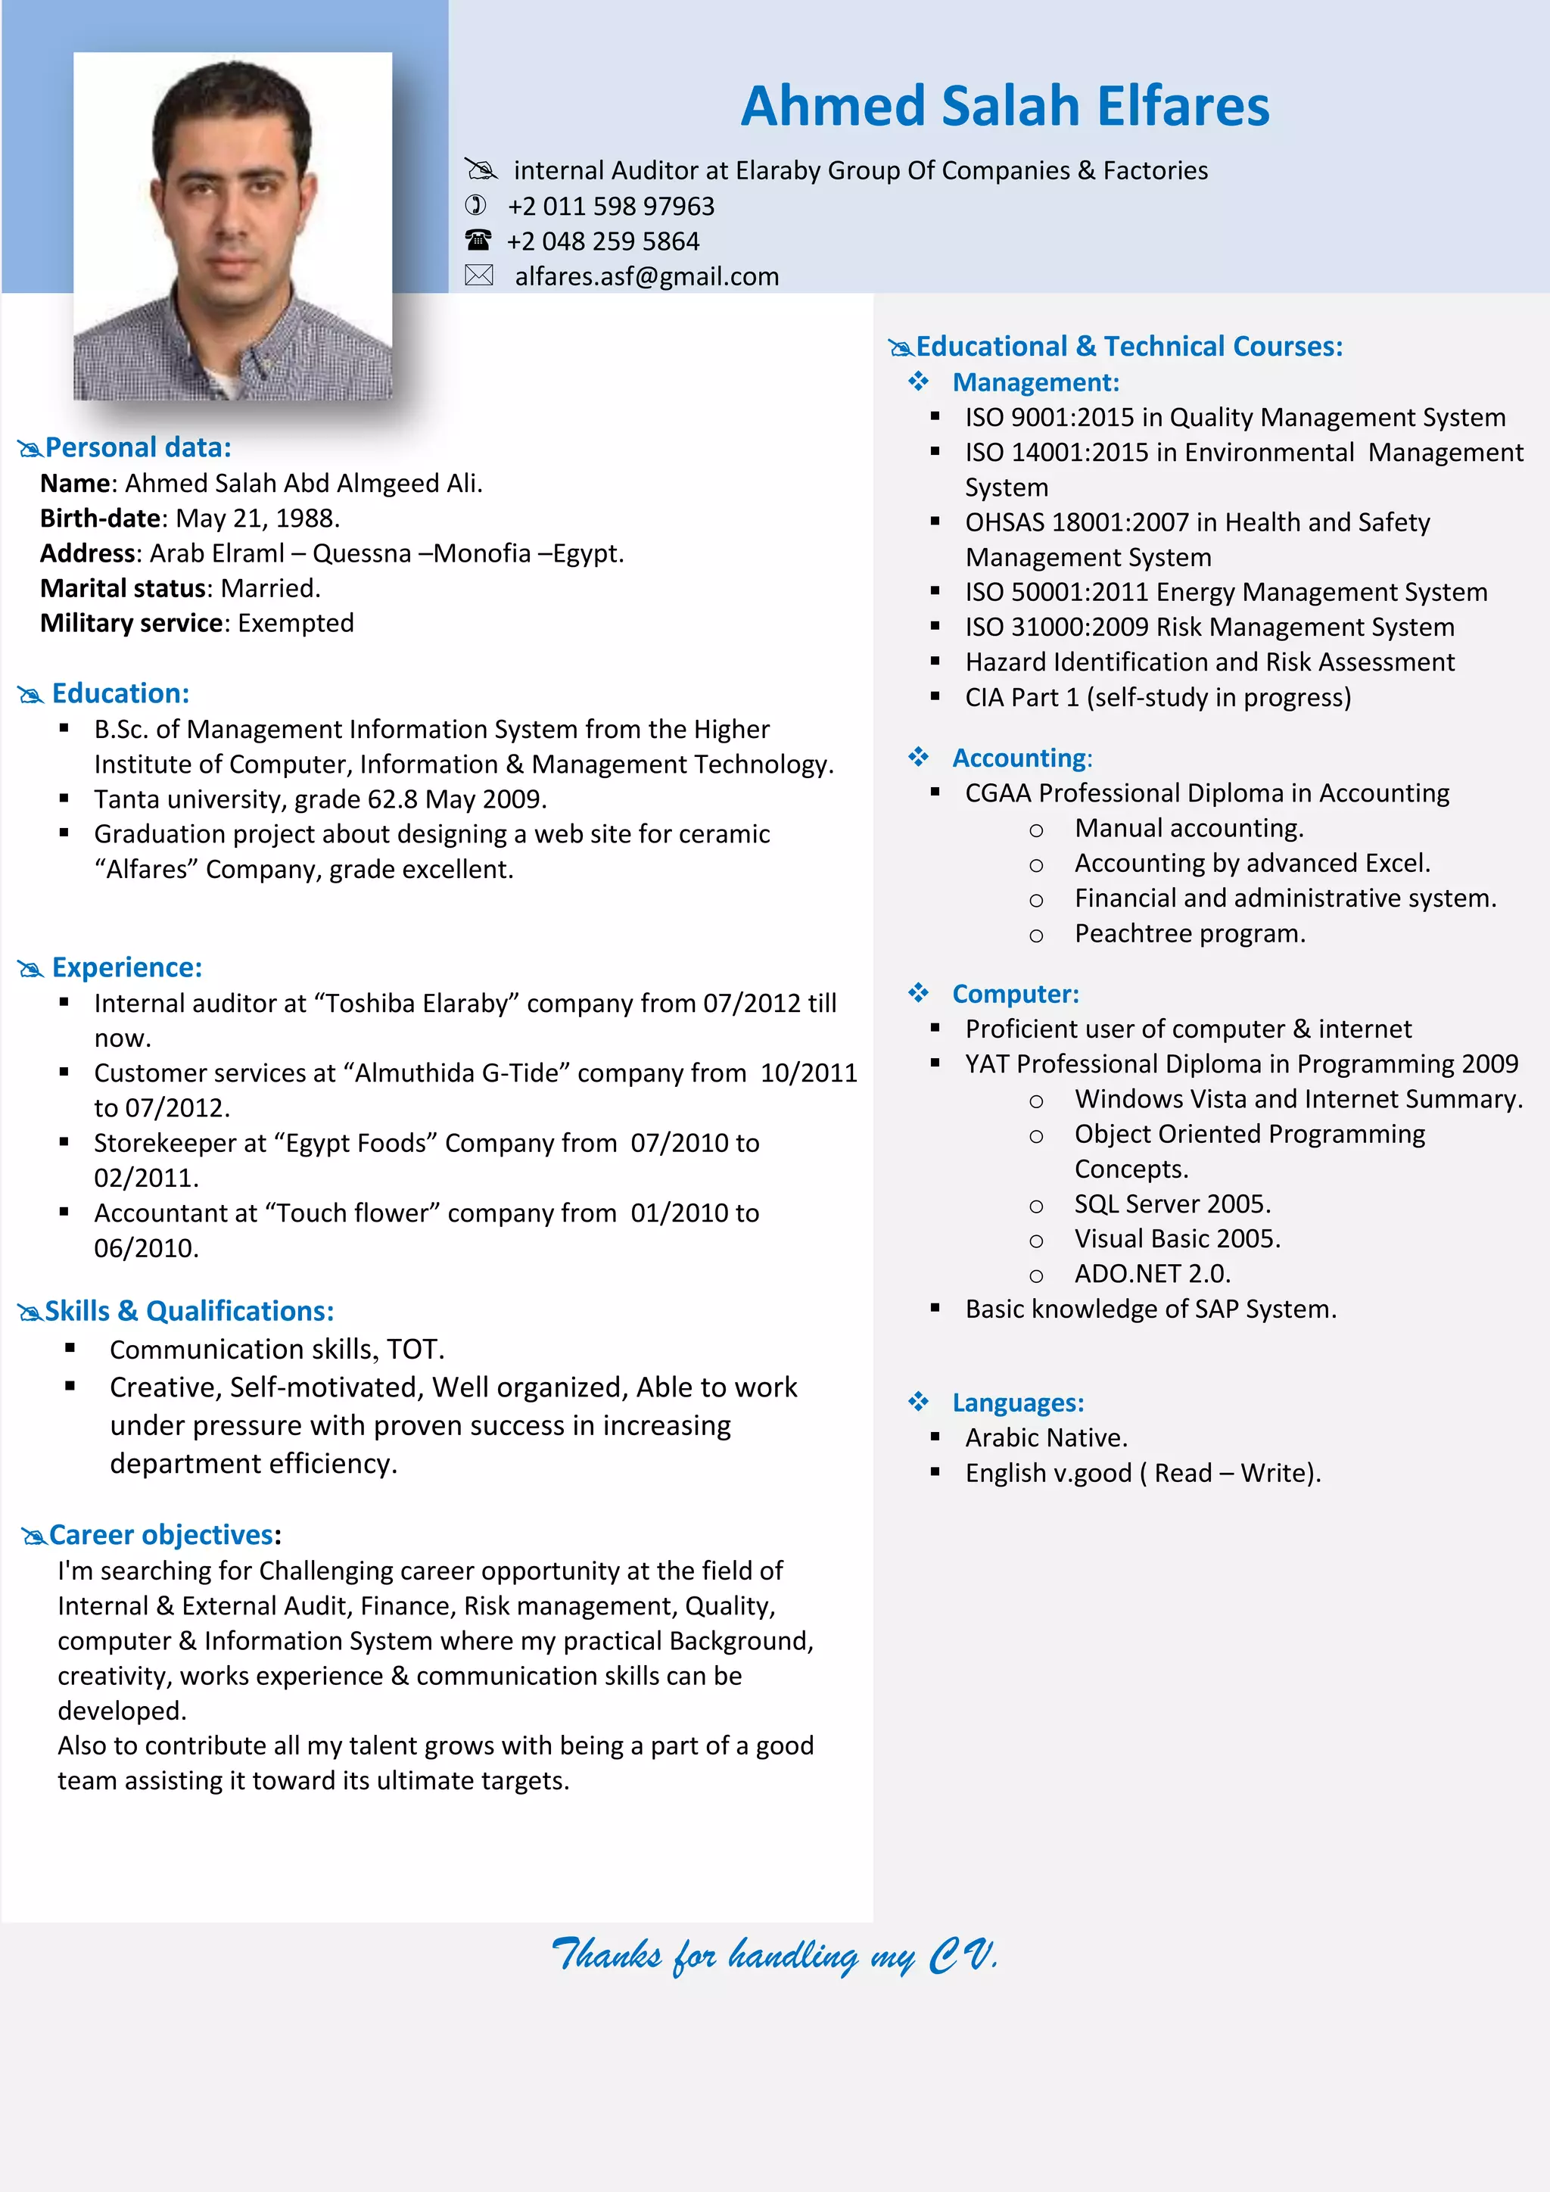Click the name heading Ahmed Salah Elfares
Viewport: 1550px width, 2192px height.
tap(1004, 105)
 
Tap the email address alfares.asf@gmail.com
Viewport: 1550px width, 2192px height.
tap(646, 276)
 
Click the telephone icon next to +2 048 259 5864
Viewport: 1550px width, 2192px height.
tap(478, 240)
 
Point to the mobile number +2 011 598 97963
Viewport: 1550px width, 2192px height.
tap(611, 205)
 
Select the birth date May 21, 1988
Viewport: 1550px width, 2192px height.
tap(257, 518)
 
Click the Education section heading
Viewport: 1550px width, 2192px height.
tap(120, 693)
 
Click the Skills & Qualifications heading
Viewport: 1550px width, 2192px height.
tap(189, 1311)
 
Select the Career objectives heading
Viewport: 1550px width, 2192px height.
tap(160, 1534)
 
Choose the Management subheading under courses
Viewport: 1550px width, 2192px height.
tap(1035, 382)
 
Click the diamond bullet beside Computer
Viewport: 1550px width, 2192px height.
tap(918, 993)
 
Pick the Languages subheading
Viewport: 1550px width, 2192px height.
tap(1017, 1403)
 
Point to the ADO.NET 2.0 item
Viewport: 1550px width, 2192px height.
tap(1152, 1274)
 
